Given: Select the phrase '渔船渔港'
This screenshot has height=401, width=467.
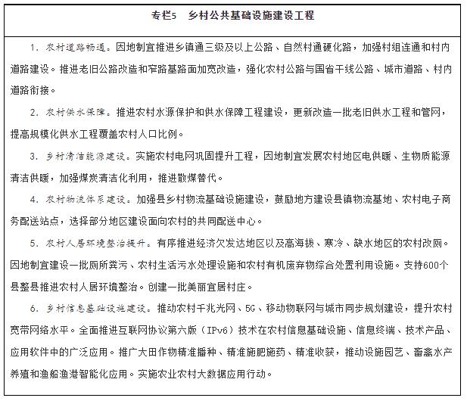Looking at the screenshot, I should click(x=77, y=375).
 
